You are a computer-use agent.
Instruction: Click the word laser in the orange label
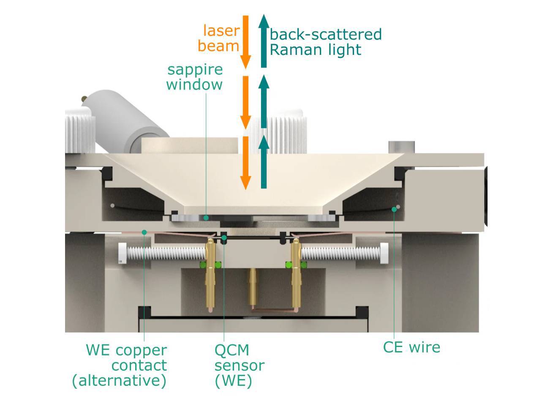(x=221, y=31)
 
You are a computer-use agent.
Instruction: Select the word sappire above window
(x=195, y=69)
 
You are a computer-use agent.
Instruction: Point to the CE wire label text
(x=411, y=347)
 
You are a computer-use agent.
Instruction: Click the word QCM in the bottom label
(x=232, y=350)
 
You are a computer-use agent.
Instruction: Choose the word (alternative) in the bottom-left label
(x=119, y=381)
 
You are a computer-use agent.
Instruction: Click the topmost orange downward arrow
(x=245, y=41)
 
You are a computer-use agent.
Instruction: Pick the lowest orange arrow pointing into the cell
(x=245, y=163)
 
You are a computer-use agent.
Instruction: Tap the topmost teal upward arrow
(x=264, y=41)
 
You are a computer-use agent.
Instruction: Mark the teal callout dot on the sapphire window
(x=206, y=218)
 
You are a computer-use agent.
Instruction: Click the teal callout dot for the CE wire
(x=394, y=209)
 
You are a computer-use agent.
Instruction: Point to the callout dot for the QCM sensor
(x=224, y=238)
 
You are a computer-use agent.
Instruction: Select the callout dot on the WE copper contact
(x=144, y=232)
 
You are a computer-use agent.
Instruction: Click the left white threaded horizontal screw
(x=163, y=254)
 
